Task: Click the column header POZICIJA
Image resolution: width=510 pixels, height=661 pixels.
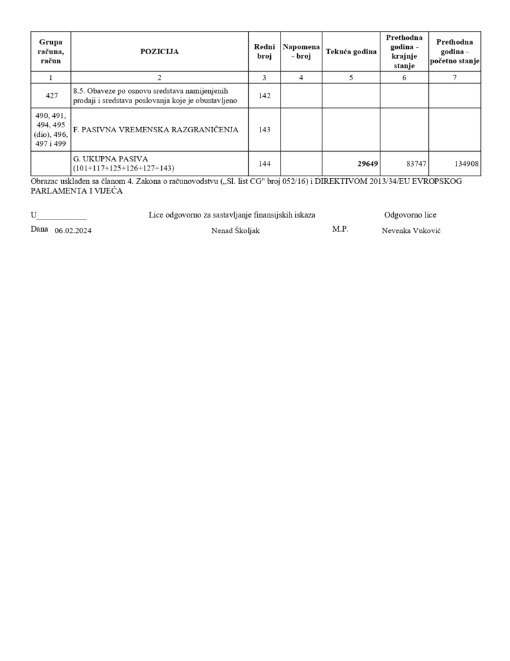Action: coord(159,51)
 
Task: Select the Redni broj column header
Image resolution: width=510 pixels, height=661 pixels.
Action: coord(264,51)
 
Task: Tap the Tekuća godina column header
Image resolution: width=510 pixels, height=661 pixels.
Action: coord(351,51)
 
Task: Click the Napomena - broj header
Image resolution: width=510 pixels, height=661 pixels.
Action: coord(301,51)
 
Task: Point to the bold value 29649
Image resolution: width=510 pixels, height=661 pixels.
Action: coord(368,164)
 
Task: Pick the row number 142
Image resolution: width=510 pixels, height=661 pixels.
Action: coord(264,96)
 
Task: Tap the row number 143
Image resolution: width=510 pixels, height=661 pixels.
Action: coord(264,129)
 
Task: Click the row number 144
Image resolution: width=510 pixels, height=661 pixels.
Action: coord(264,164)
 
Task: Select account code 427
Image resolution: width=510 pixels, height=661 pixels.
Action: coord(51,96)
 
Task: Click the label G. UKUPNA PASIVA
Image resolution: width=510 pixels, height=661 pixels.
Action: coord(111,159)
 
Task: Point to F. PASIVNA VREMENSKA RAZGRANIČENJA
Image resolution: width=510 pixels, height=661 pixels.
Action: coord(156,129)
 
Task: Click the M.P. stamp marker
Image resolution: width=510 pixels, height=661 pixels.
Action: coord(340,229)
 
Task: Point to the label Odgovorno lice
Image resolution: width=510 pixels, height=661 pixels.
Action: coord(410,215)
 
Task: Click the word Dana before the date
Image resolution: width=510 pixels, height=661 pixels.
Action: coord(39,229)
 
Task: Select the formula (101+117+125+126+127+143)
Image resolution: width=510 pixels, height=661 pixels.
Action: coord(124,168)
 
